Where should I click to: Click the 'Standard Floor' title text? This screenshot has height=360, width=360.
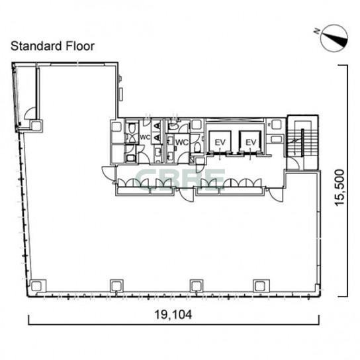[52, 46]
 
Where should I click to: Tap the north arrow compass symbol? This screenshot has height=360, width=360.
[335, 38]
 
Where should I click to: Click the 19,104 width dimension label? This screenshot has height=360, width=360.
[173, 314]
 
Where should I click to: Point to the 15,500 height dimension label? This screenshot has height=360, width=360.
[339, 187]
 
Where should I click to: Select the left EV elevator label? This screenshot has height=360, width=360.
[220, 142]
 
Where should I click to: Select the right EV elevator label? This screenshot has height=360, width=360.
[251, 142]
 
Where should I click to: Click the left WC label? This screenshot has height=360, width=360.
[145, 137]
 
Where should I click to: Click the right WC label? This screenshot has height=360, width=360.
[182, 142]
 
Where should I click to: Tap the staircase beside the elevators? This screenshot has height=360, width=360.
[302, 143]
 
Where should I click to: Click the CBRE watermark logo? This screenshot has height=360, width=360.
[180, 179]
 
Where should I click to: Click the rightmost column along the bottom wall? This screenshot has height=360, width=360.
[260, 286]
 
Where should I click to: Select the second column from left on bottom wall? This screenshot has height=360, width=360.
[116, 286]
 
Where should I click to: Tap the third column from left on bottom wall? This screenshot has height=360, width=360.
[197, 286]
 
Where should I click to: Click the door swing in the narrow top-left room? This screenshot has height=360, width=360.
[30, 113]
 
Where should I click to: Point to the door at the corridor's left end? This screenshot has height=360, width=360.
[108, 173]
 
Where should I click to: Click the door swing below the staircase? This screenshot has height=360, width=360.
[293, 163]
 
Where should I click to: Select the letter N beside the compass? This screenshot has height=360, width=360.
[317, 31]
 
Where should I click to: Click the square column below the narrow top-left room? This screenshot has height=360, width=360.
[36, 126]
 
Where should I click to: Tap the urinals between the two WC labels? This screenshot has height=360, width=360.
[157, 131]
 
